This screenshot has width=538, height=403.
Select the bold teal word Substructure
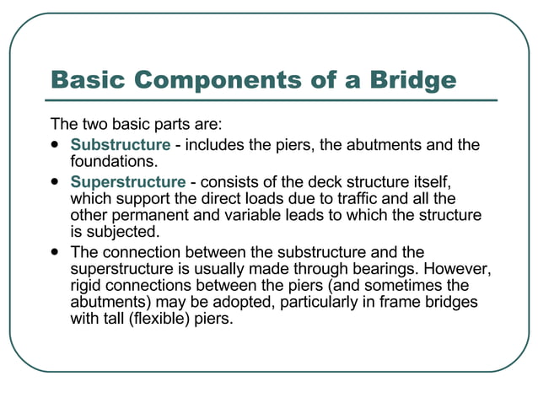pos(120,145)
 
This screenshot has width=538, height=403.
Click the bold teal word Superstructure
pos(127,182)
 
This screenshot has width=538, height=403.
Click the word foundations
pos(113,161)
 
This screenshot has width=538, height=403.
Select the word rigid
pos(88,287)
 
